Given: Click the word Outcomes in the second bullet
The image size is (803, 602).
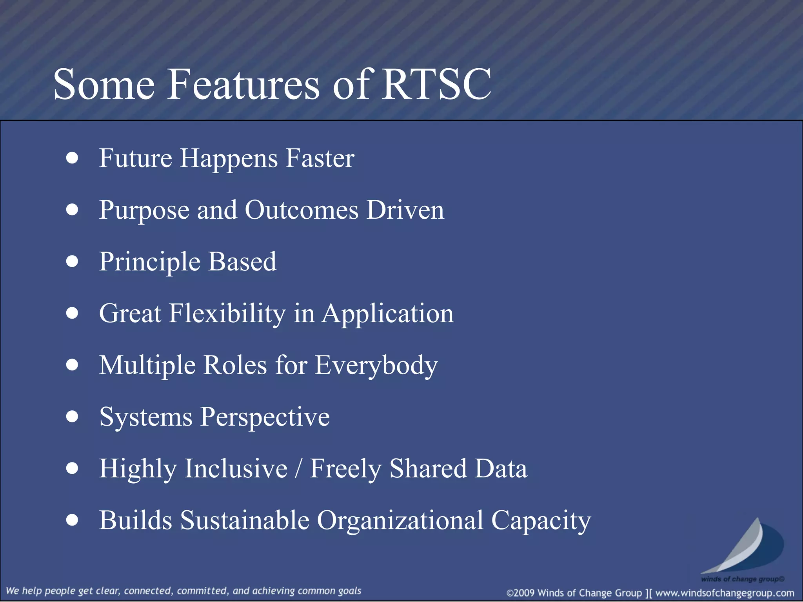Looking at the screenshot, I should pyautogui.click(x=302, y=210).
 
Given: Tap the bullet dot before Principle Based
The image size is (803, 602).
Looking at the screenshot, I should pyautogui.click(x=72, y=261).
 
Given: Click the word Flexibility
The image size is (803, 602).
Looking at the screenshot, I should pyautogui.click(x=227, y=314).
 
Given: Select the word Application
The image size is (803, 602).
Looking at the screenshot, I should pyautogui.click(x=387, y=314).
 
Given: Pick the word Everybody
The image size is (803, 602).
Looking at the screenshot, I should pyautogui.click(x=376, y=365).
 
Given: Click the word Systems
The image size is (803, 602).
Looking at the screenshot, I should pyautogui.click(x=145, y=417).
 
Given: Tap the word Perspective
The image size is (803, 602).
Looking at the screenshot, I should pyautogui.click(x=265, y=417).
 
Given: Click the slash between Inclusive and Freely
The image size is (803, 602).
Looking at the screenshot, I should pyautogui.click(x=299, y=469).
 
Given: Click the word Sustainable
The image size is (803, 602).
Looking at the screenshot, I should pyautogui.click(x=245, y=520).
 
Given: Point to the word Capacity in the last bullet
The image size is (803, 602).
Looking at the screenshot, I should pyautogui.click(x=541, y=520).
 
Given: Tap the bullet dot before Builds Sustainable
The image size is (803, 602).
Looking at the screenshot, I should pyautogui.click(x=72, y=520).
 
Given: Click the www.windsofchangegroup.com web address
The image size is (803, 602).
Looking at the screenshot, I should pyautogui.click(x=725, y=593).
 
